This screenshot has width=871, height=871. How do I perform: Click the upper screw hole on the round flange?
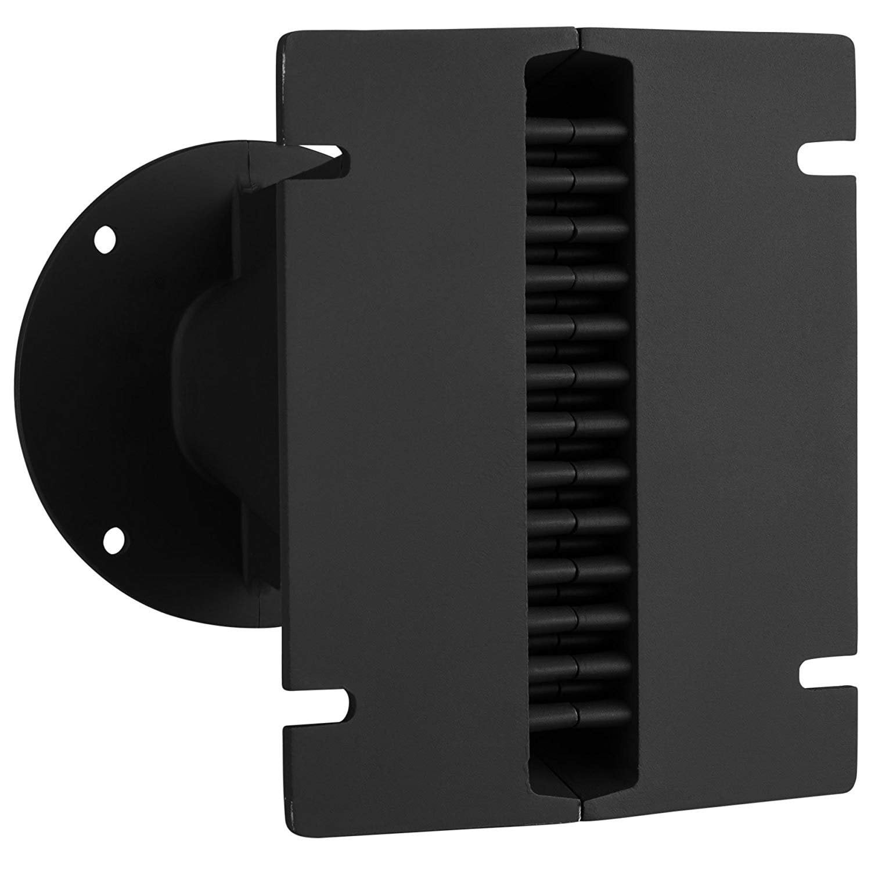pyautogui.click(x=105, y=239)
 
